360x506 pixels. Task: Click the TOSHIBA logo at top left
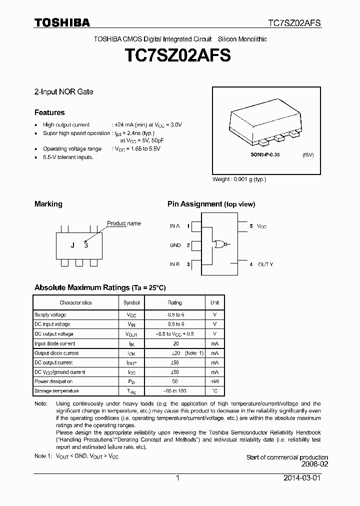(x=62, y=22)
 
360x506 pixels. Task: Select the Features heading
(x=49, y=112)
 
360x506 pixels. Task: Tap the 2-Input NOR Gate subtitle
(x=63, y=91)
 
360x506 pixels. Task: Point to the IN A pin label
(x=174, y=226)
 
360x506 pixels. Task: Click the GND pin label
(x=175, y=245)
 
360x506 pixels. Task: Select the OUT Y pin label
(x=265, y=264)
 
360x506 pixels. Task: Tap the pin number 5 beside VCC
(x=251, y=226)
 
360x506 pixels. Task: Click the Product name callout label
(x=124, y=223)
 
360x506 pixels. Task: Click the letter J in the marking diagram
(x=72, y=245)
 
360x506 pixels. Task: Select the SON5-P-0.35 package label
(x=265, y=155)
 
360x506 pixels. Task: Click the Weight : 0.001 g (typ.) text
(x=239, y=179)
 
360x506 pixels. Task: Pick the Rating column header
(x=174, y=302)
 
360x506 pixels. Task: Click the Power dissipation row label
(x=53, y=381)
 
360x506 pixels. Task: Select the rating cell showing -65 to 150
(x=174, y=391)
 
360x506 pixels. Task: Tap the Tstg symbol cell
(x=131, y=391)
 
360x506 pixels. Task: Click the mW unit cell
(x=214, y=381)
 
